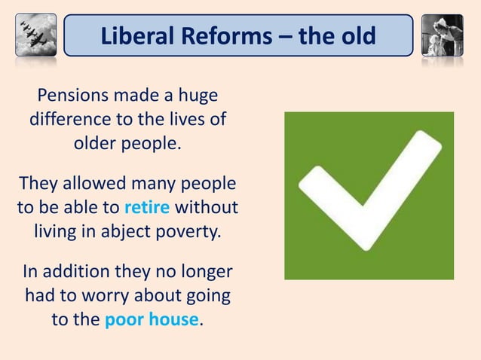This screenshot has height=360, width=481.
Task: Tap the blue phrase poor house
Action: coord(152,319)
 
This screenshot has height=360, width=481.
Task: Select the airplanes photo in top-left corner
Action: coord(35,35)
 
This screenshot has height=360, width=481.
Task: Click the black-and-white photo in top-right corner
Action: coord(443,35)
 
